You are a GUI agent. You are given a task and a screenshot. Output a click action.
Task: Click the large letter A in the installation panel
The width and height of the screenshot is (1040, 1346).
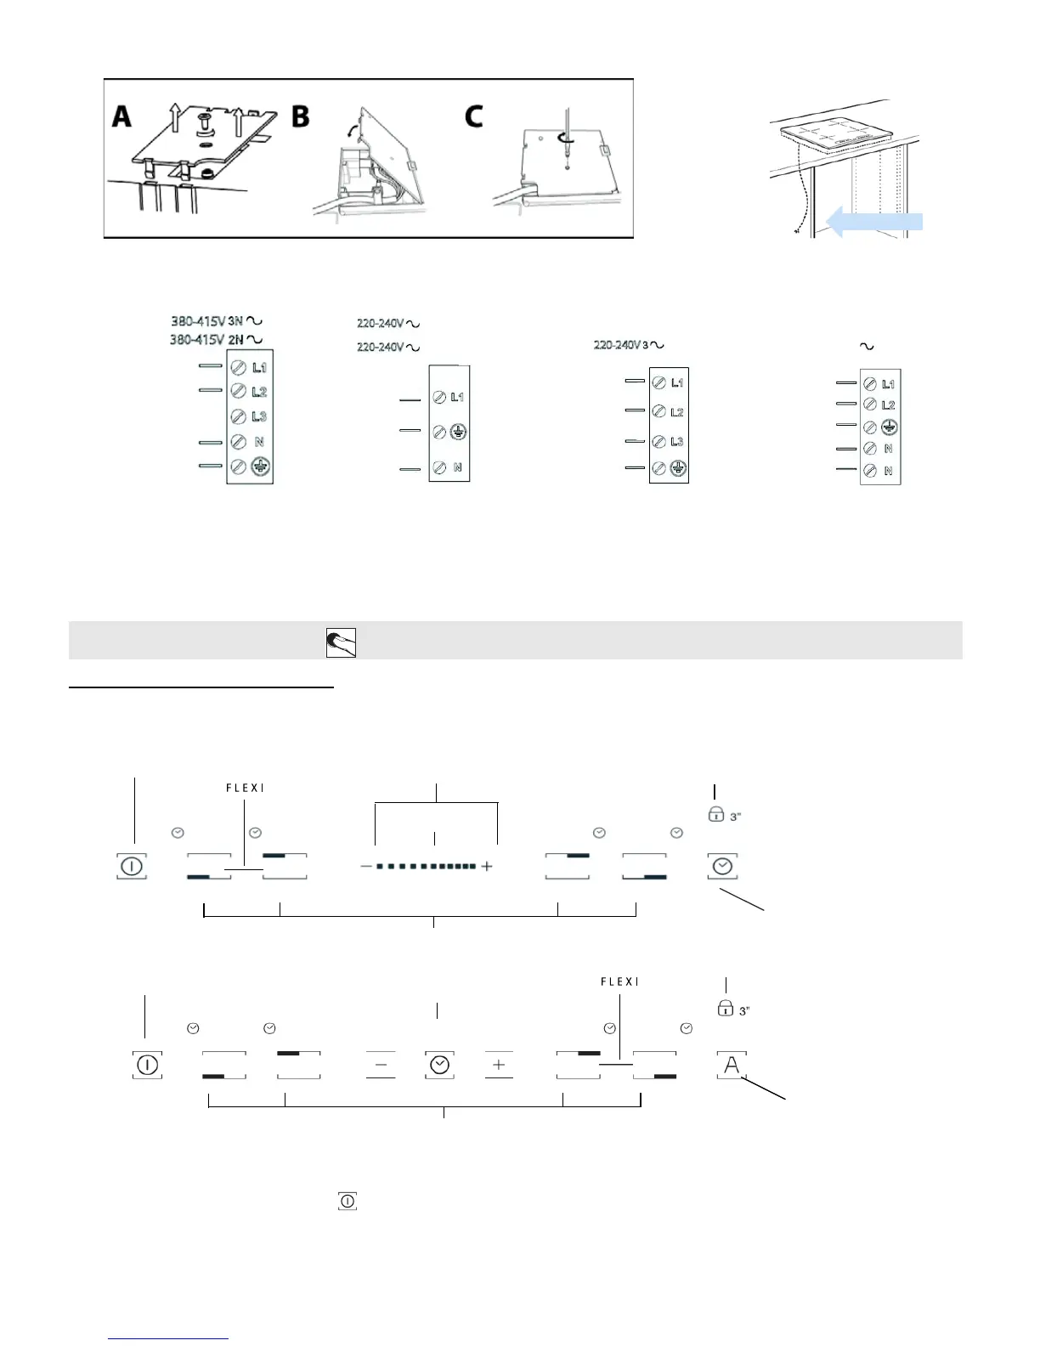tap(122, 115)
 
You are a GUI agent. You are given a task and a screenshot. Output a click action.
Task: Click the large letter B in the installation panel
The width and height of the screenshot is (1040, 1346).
tap(300, 115)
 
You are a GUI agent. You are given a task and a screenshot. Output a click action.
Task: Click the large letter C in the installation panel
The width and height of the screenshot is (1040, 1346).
tap(473, 115)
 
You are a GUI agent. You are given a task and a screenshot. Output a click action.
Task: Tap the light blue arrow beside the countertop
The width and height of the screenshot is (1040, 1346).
tap(874, 223)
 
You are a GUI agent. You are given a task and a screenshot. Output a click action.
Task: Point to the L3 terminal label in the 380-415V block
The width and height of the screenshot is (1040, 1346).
tap(259, 416)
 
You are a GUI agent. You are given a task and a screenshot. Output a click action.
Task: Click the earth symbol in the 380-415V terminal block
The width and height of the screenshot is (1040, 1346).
tap(261, 467)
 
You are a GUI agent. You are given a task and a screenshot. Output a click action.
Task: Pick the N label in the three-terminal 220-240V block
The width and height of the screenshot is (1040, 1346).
tap(457, 467)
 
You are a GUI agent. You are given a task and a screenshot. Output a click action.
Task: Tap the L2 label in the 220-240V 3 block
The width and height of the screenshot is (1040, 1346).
tap(677, 412)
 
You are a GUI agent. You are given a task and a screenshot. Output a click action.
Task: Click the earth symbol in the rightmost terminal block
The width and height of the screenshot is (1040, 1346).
tap(889, 427)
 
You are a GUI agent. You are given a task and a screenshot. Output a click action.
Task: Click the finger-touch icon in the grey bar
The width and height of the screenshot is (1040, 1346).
tap(341, 643)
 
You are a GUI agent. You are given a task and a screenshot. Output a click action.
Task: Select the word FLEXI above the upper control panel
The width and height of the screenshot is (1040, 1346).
tap(245, 788)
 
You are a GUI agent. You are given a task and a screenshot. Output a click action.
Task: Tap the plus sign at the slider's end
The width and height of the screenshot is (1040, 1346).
tap(487, 867)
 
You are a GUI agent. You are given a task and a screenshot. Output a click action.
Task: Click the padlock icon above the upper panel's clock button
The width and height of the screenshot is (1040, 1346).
tap(715, 814)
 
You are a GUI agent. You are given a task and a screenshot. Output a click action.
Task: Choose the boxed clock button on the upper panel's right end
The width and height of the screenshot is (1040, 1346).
tap(722, 867)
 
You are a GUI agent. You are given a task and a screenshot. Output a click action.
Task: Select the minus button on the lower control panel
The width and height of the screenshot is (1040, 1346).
tap(381, 1065)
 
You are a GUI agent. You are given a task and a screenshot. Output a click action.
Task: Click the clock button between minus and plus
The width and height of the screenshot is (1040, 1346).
tap(439, 1065)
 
